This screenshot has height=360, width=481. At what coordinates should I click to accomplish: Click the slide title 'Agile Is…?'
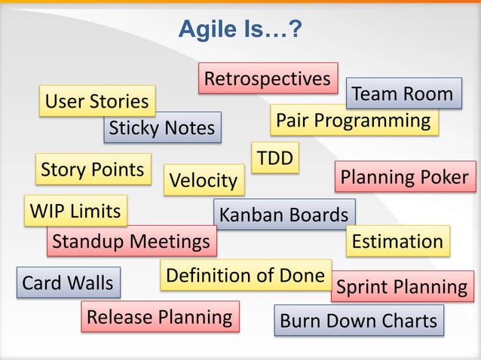pyautogui.click(x=240, y=29)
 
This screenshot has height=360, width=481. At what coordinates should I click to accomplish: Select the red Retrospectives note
pyautogui.click(x=268, y=78)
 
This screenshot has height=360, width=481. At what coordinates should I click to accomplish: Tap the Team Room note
pyautogui.click(x=403, y=94)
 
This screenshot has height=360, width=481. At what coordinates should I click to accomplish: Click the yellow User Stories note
pyautogui.click(x=97, y=102)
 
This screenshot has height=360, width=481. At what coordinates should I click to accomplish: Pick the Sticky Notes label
pyautogui.click(x=162, y=128)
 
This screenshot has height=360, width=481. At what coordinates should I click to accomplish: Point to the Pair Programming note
pyautogui.click(x=354, y=121)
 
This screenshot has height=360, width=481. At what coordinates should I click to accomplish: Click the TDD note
pyautogui.click(x=274, y=158)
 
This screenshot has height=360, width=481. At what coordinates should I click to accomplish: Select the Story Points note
pyautogui.click(x=92, y=169)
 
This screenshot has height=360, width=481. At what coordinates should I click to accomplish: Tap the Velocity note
pyautogui.click(x=203, y=181)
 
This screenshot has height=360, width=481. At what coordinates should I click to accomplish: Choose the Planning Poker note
pyautogui.click(x=405, y=177)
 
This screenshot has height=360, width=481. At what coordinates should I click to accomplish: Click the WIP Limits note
pyautogui.click(x=75, y=212)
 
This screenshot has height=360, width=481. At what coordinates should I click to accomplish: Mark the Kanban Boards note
pyautogui.click(x=283, y=215)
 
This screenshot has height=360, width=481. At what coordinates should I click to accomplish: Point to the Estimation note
pyautogui.click(x=397, y=241)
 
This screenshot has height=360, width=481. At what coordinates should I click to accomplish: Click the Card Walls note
pyautogui.click(x=67, y=283)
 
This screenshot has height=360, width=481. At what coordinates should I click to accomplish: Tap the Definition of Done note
pyautogui.click(x=246, y=276)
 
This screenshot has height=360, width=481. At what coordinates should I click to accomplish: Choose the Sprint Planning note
pyautogui.click(x=402, y=287)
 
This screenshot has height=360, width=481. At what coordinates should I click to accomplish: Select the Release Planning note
pyautogui.click(x=160, y=317)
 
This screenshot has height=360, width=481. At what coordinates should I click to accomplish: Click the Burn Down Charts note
pyautogui.click(x=359, y=321)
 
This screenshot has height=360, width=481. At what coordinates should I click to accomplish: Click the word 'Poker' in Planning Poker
pyautogui.click(x=441, y=177)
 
